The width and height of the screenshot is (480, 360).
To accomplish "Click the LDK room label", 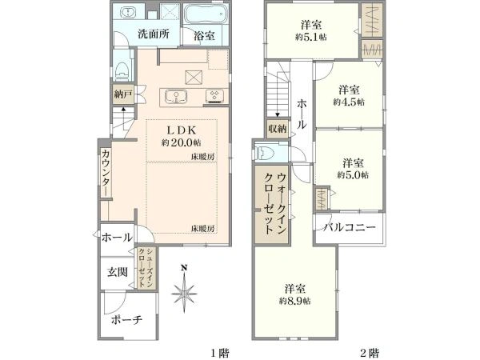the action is coord(181,130).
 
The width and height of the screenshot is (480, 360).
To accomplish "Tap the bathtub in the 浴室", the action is coord(206,14).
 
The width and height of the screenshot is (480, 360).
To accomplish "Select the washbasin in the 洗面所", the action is coord(126,13).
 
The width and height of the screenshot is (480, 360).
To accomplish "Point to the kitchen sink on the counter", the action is coord(176,97).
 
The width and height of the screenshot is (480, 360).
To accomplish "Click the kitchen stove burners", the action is coord(214,96).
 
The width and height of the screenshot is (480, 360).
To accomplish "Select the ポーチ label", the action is coord(126,320).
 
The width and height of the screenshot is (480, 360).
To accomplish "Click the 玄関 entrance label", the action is coord(118,272).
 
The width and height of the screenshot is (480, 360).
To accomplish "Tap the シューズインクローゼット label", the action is coord(146,268).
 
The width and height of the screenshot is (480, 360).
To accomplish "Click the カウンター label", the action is coord(106,172).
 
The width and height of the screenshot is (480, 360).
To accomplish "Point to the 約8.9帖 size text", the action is coord(294,302).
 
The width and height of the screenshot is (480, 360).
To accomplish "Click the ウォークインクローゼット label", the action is coord(275,203).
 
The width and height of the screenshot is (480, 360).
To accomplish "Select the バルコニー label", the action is coord(350,227).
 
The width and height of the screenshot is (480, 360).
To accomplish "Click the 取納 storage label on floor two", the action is coord(278,129).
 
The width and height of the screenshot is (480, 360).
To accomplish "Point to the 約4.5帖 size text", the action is coord(349,102).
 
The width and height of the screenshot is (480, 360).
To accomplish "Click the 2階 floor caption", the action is coord(370,354).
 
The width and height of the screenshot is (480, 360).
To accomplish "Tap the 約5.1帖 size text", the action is coord(310,38).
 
